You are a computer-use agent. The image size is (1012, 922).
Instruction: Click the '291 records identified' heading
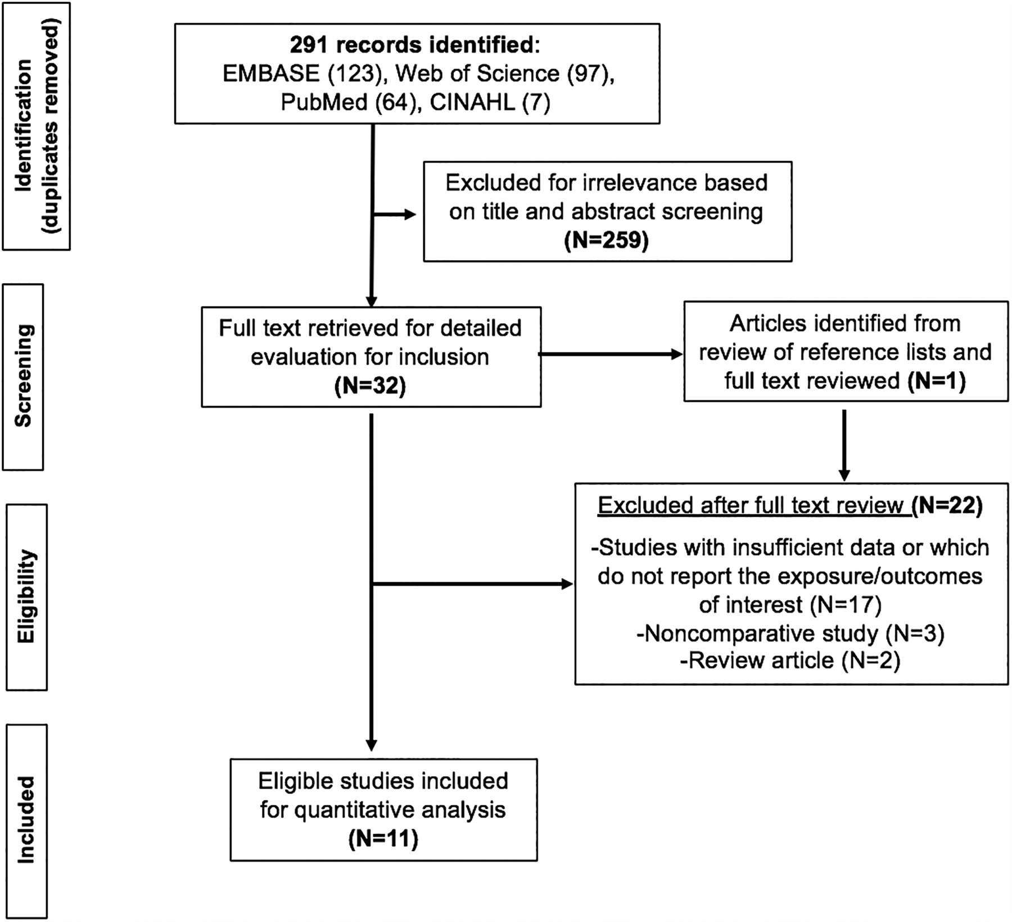coord(414,45)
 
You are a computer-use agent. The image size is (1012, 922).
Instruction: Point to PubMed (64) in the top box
coord(351,103)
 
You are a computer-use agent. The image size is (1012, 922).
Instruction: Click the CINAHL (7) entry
coord(490,103)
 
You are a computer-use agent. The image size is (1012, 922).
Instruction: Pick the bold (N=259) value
coord(606,240)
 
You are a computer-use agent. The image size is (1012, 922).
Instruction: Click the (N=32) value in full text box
coord(370,386)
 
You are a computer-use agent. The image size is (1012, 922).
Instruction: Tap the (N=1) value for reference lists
coord(936,381)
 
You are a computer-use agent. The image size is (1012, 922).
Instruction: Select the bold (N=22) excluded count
coord(947,505)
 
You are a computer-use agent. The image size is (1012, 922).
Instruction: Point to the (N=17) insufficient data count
coord(846,604)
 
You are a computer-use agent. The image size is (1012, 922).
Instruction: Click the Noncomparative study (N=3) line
coord(790,634)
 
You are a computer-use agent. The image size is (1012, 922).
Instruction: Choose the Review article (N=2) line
coord(790,660)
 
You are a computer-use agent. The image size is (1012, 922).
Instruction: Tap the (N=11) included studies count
coord(383,839)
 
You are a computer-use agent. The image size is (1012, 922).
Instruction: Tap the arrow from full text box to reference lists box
coord(611,354)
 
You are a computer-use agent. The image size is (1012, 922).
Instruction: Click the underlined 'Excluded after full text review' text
coord(753,505)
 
